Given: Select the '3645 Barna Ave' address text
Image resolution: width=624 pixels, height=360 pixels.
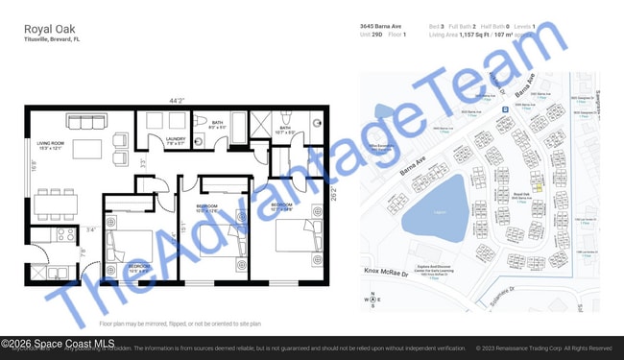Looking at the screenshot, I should pos(380,26).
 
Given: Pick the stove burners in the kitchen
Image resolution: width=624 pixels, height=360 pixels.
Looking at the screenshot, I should pos(66,233).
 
